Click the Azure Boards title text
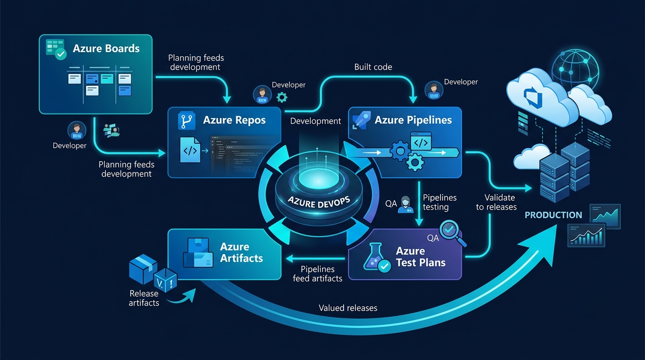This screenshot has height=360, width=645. pyautogui.click(x=106, y=48)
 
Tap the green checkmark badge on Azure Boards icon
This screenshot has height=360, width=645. pyautogui.click(x=61, y=54)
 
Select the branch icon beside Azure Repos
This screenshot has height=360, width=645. pyautogui.click(x=186, y=120)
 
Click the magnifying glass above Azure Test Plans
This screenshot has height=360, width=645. pyautogui.click(x=452, y=232)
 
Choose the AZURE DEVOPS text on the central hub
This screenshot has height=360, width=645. pyautogui.click(x=319, y=202)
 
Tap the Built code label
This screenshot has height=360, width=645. pyautogui.click(x=373, y=67)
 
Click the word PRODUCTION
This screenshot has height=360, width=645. pyautogui.click(x=553, y=215)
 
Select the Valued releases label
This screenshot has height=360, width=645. pyautogui.click(x=348, y=308)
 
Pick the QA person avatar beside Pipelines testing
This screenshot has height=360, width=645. pyautogui.click(x=405, y=204)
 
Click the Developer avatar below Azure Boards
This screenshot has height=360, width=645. pyautogui.click(x=76, y=130)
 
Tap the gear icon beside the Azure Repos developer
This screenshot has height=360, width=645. pyautogui.click(x=282, y=97)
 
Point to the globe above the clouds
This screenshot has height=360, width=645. pyautogui.click(x=575, y=70)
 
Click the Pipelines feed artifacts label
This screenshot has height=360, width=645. pyautogui.click(x=317, y=274)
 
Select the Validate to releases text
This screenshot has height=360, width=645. pyautogui.click(x=496, y=202)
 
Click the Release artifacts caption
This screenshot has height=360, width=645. pyautogui.click(x=144, y=298)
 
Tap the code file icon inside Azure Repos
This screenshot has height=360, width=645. pyautogui.click(x=190, y=150)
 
